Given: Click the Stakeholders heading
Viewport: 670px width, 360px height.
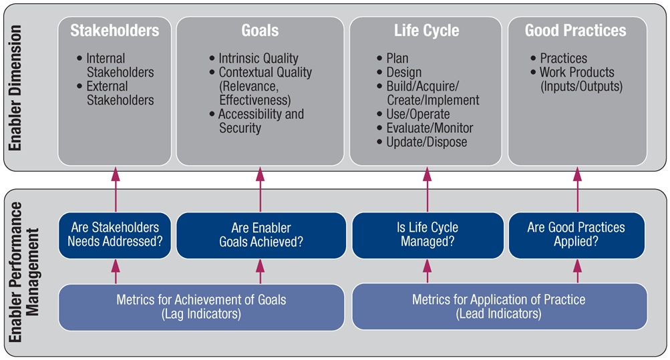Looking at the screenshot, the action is [114, 30].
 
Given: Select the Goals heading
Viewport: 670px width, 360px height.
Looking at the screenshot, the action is [260, 30].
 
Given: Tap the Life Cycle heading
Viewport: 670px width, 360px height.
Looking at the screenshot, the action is [426, 31].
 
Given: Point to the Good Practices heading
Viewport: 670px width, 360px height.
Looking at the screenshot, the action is [576, 30].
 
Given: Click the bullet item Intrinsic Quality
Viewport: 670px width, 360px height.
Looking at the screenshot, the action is [258, 58].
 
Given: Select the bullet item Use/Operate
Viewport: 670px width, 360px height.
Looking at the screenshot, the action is [418, 114].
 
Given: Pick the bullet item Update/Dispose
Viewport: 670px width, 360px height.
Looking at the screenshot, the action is [426, 142].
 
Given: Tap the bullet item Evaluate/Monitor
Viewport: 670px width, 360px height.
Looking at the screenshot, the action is [430, 128].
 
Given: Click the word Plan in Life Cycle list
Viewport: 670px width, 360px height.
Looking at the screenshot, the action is [397, 58].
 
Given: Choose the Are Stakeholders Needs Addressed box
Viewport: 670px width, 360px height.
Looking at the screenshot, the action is [115, 235].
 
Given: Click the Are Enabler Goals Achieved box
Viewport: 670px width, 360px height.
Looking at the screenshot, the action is [261, 235].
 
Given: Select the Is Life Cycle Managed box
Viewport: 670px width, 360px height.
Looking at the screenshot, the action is [428, 235].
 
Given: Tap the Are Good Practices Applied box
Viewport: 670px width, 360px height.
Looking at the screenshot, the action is [576, 235].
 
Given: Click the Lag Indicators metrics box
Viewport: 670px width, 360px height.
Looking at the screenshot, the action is [201, 307].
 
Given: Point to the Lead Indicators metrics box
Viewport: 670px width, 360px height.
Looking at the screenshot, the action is [499, 307].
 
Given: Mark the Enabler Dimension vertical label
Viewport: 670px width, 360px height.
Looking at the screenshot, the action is [15, 88].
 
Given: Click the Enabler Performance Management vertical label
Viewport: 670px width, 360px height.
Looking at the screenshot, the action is [23, 273].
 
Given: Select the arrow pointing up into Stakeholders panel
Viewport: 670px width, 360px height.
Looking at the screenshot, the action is [116, 190].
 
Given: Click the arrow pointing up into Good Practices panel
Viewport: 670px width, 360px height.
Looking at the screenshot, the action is [577, 190].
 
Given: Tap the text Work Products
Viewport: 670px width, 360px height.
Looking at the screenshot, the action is [577, 72].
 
